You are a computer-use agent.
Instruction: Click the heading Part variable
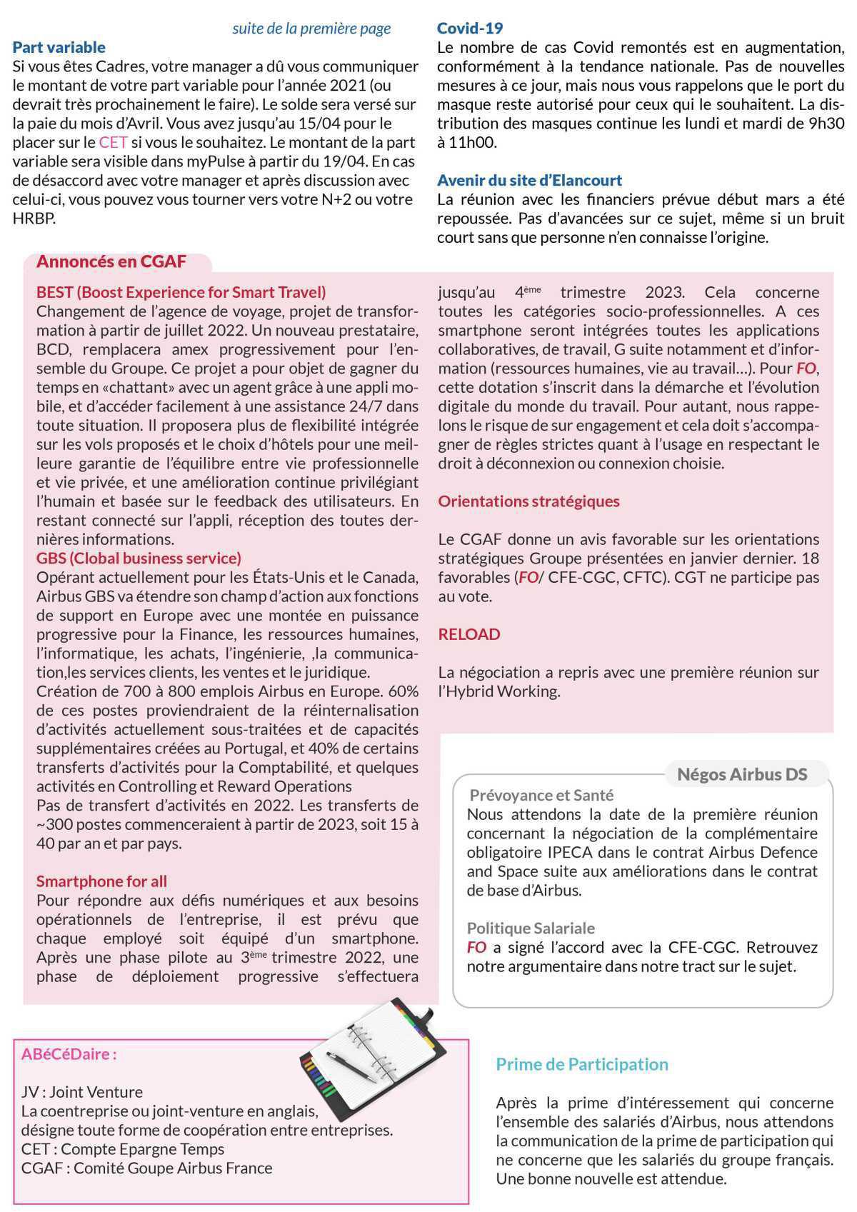(x=59, y=48)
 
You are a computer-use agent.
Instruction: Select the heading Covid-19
(x=469, y=29)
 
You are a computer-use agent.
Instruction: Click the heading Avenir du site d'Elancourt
(x=529, y=180)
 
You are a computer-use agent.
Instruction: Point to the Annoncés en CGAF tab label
(x=111, y=261)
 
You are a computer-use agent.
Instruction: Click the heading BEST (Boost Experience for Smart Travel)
(x=181, y=292)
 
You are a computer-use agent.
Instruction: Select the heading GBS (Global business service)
(x=139, y=558)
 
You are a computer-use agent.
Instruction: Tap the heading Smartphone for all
(x=101, y=881)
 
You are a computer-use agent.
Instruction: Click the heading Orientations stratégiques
(x=528, y=501)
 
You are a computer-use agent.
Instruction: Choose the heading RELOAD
(x=468, y=634)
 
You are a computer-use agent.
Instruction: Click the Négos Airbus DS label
(x=741, y=774)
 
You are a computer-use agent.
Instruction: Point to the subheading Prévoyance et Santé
(x=541, y=795)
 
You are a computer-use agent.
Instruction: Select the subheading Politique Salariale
(x=531, y=928)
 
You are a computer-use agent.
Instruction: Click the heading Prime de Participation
(x=582, y=1064)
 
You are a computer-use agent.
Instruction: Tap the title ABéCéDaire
(x=69, y=1054)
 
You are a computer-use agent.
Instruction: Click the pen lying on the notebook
(x=351, y=1066)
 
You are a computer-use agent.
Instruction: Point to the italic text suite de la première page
(x=311, y=29)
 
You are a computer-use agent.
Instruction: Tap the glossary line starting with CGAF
(x=146, y=1168)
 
